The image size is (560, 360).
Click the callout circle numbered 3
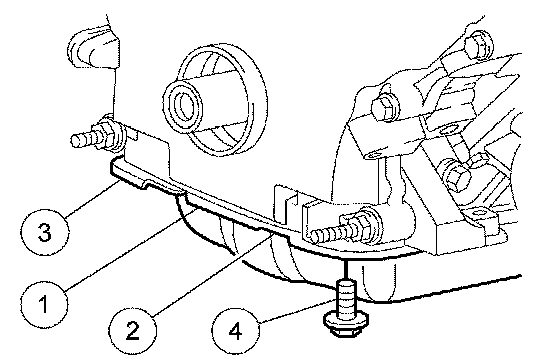45,232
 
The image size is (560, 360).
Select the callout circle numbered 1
44,304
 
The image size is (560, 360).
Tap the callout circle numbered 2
133,330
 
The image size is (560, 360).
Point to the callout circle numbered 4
235,331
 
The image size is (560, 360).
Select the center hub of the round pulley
183,105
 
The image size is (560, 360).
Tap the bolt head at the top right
479,44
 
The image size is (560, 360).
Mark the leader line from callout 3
92,198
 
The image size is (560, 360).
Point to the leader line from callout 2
212,275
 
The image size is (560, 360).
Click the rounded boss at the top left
93,48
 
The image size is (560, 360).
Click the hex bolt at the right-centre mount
455,173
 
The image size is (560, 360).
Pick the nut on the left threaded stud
111,135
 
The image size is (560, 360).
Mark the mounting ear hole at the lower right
479,213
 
